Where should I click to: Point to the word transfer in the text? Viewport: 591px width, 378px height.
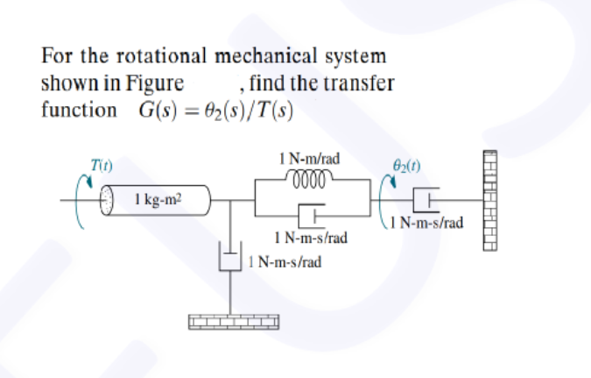click(x=361, y=84)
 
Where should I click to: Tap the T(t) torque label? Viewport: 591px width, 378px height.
click(x=102, y=164)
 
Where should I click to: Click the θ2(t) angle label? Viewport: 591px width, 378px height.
click(x=411, y=164)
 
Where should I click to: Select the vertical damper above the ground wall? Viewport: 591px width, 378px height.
click(x=229, y=260)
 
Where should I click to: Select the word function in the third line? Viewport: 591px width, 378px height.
click(x=79, y=111)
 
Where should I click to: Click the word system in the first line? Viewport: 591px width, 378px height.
click(x=355, y=57)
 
